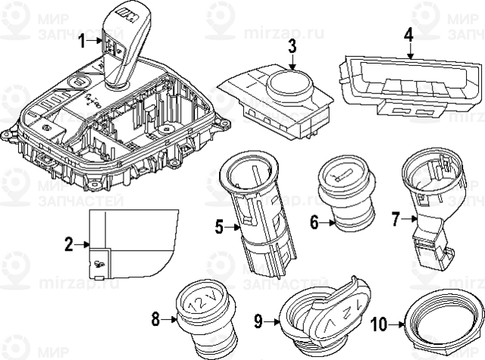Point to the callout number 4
[x=408, y=34]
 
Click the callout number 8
[x=155, y=319]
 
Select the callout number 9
[x=258, y=321]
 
